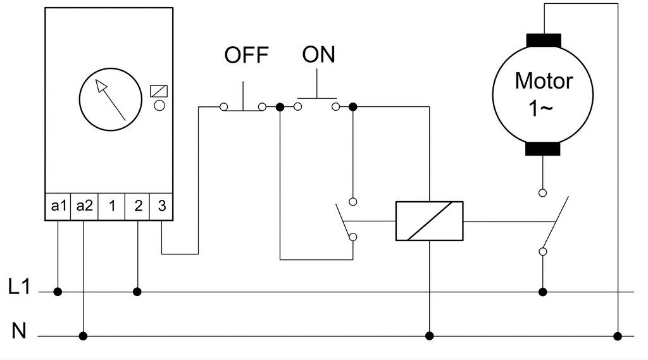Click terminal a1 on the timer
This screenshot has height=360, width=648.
[x=58, y=206]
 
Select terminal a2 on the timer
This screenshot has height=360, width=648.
[x=84, y=206]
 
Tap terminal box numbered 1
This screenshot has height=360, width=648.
[x=111, y=206]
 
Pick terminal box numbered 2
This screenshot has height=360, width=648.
[x=137, y=206]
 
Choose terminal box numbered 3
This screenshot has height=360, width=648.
[x=161, y=206]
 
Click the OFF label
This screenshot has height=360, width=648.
[x=246, y=55]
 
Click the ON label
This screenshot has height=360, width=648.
[x=318, y=54]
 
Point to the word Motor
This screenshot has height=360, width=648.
[x=544, y=80]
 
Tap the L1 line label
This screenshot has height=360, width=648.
[x=19, y=287]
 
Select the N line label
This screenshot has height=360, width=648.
[x=19, y=331]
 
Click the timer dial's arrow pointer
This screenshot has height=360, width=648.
[x=110, y=99]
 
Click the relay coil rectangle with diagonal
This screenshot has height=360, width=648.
[x=430, y=221]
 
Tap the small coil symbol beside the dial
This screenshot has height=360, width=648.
[x=159, y=91]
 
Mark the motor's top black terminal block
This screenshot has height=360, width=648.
[x=544, y=40]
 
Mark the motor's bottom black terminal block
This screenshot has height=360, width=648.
[x=542, y=149]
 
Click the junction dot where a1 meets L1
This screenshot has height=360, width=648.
[x=58, y=292]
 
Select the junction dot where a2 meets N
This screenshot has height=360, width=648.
[x=83, y=336]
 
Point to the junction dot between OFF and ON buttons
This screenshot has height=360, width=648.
[x=280, y=108]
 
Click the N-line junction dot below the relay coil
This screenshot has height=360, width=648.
[x=430, y=336]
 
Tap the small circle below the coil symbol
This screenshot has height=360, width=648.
[x=159, y=106]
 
